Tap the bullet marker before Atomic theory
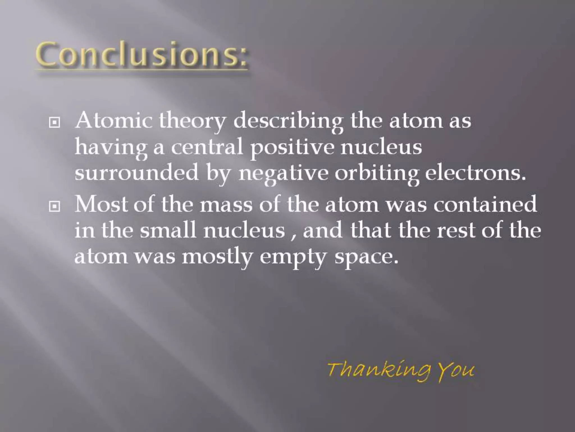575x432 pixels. (x=54, y=123)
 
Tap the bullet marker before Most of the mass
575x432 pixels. (x=54, y=207)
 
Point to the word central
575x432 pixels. (x=207, y=147)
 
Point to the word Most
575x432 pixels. (x=102, y=204)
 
